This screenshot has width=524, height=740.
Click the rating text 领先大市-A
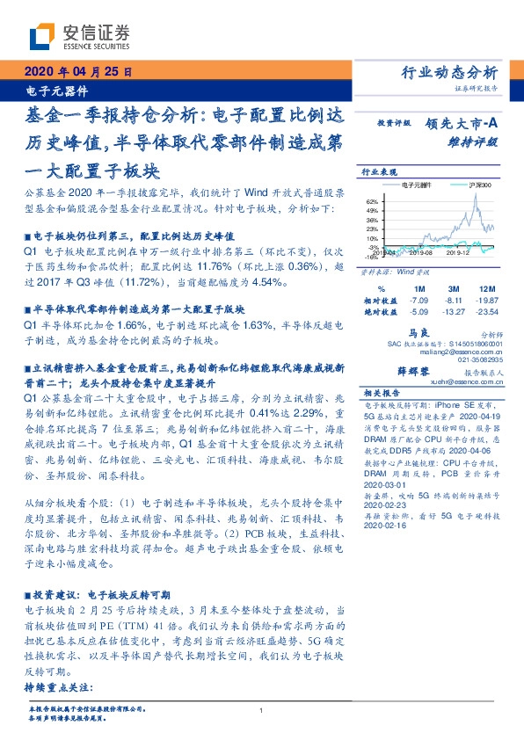click(x=465, y=126)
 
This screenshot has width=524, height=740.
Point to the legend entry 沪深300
click(x=481, y=186)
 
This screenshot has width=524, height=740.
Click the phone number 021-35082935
click(x=482, y=359)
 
